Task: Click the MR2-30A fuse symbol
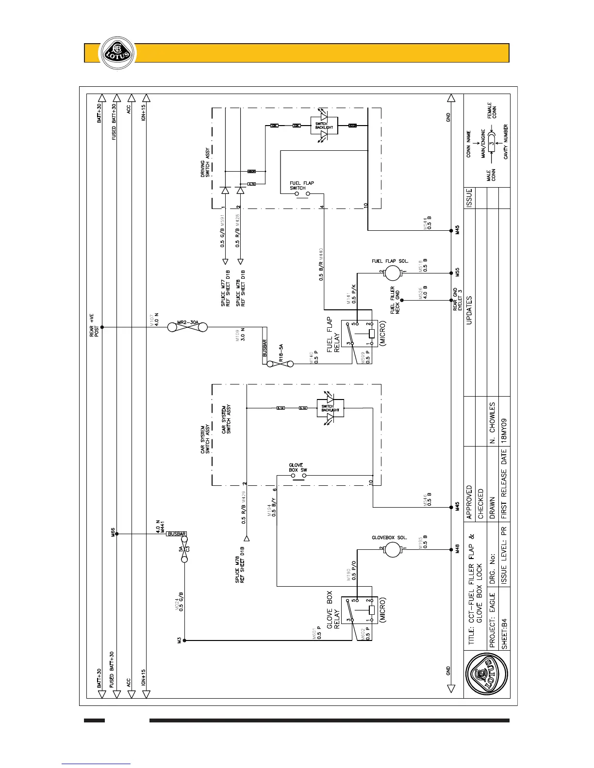click(x=187, y=327)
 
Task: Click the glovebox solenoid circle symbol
click(x=392, y=549)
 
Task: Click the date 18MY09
click(x=504, y=427)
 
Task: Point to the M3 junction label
click(x=179, y=640)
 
